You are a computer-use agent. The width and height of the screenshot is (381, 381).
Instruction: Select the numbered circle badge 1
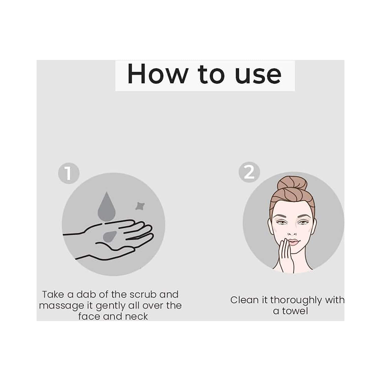click(69, 173)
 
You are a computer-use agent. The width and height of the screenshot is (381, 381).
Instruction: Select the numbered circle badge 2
click(249, 172)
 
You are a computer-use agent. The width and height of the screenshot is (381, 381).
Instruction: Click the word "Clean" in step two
click(245, 300)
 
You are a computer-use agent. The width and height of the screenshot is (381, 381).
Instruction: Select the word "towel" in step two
click(295, 311)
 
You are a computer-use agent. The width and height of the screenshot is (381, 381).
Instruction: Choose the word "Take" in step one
click(53, 294)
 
